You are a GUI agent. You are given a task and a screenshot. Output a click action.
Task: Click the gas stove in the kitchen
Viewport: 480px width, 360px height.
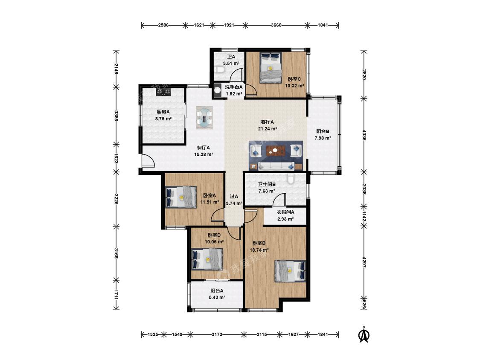pos(163,92)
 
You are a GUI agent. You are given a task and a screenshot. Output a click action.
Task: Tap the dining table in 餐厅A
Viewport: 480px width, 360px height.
pos(204,118)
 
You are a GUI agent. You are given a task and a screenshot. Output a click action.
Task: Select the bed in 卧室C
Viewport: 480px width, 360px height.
pos(271,68)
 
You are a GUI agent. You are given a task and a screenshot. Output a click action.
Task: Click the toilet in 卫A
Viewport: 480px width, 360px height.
pos(219,70)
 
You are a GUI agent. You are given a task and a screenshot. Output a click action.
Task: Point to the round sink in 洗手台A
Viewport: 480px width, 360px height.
pos(218,90)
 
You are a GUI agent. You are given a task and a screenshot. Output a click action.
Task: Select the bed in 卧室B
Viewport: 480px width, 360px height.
pos(291,271)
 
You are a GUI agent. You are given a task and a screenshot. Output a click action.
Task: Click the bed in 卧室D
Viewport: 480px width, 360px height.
pos(207,259)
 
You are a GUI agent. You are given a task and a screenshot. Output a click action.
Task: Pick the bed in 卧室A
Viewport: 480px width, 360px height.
pos(180,197)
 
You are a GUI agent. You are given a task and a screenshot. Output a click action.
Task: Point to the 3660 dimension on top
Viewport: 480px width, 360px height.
pos(276,25)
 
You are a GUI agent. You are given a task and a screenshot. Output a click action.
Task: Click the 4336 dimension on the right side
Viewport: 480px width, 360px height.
pos(364,135)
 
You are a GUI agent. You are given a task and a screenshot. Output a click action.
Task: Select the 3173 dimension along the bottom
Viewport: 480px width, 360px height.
pos(217,334)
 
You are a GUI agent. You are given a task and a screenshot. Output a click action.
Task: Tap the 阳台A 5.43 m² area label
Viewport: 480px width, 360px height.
pos(217,294)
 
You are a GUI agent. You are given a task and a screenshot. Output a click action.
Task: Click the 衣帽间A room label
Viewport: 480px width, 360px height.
pos(285,212)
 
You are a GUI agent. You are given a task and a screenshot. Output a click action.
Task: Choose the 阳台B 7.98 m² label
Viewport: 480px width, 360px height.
pos(323,135)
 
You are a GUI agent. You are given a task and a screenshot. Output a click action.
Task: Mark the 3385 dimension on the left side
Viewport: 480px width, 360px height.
pos(116,116)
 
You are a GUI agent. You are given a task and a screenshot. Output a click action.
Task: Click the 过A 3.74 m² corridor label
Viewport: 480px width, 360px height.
pos(234,200)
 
